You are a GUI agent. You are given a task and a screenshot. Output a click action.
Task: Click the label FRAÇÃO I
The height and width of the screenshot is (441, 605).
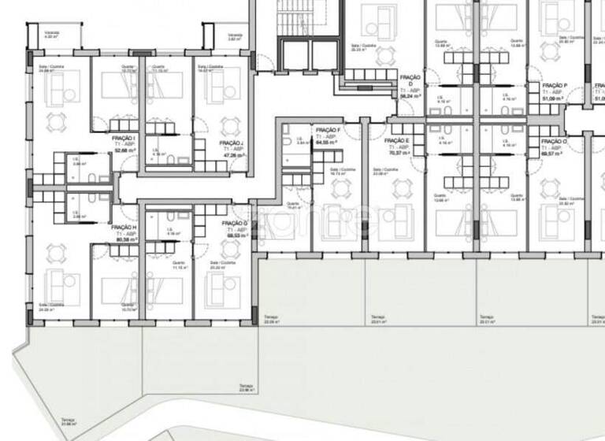[x=124, y=138]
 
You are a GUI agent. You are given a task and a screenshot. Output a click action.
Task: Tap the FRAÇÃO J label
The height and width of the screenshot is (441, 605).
[x=231, y=143]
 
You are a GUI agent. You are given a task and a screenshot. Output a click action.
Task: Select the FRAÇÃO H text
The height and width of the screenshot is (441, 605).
[x=124, y=226]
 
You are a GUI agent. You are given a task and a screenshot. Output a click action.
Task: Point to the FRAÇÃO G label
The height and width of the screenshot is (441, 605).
[x=234, y=224]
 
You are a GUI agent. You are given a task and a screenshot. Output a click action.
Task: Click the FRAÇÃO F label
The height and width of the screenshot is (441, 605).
[x=327, y=129]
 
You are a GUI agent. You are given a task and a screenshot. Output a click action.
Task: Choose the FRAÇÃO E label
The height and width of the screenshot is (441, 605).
[x=396, y=140]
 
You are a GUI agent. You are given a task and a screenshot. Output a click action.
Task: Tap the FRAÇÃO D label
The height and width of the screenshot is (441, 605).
[x=410, y=78]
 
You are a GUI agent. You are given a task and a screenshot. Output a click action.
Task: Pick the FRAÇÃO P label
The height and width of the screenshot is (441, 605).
[x=555, y=85]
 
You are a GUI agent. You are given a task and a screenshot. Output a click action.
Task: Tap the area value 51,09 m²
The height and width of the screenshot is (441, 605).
[x=555, y=98]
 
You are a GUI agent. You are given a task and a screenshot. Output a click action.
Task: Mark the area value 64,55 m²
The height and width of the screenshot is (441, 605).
[x=327, y=143]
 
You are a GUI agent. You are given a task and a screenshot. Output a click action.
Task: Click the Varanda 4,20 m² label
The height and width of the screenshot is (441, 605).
[x=52, y=35]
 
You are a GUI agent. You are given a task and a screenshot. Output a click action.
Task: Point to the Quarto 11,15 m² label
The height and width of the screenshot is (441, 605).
[x=179, y=266]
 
